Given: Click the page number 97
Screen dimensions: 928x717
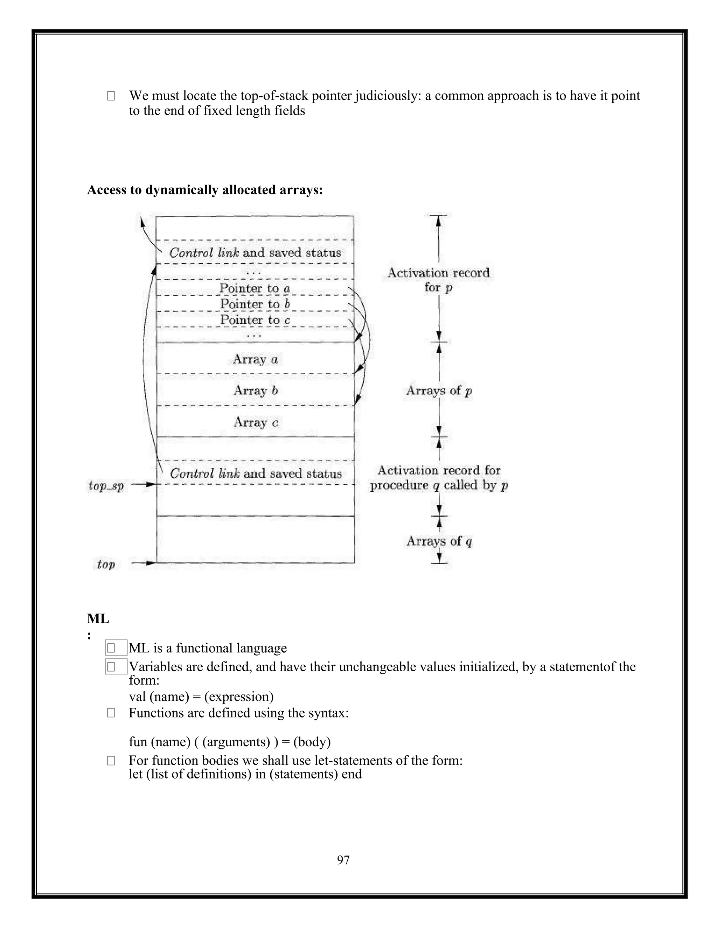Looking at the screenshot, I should point(343,860).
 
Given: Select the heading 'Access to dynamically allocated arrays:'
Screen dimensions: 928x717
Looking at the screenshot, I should point(205,190).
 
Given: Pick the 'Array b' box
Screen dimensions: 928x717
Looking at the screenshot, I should point(255,390).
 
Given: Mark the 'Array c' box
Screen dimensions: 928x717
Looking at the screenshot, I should point(255,422).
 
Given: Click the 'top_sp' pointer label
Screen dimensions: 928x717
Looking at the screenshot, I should point(106,486).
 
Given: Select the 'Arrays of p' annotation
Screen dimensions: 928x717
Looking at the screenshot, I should point(439,390).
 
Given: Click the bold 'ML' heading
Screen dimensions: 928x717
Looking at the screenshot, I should point(98,619).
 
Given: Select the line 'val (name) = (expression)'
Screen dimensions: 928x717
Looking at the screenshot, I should point(201,697).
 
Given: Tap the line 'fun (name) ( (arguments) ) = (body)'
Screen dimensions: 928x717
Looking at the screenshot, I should point(230,742).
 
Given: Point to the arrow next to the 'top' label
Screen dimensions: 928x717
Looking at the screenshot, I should point(144,563).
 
